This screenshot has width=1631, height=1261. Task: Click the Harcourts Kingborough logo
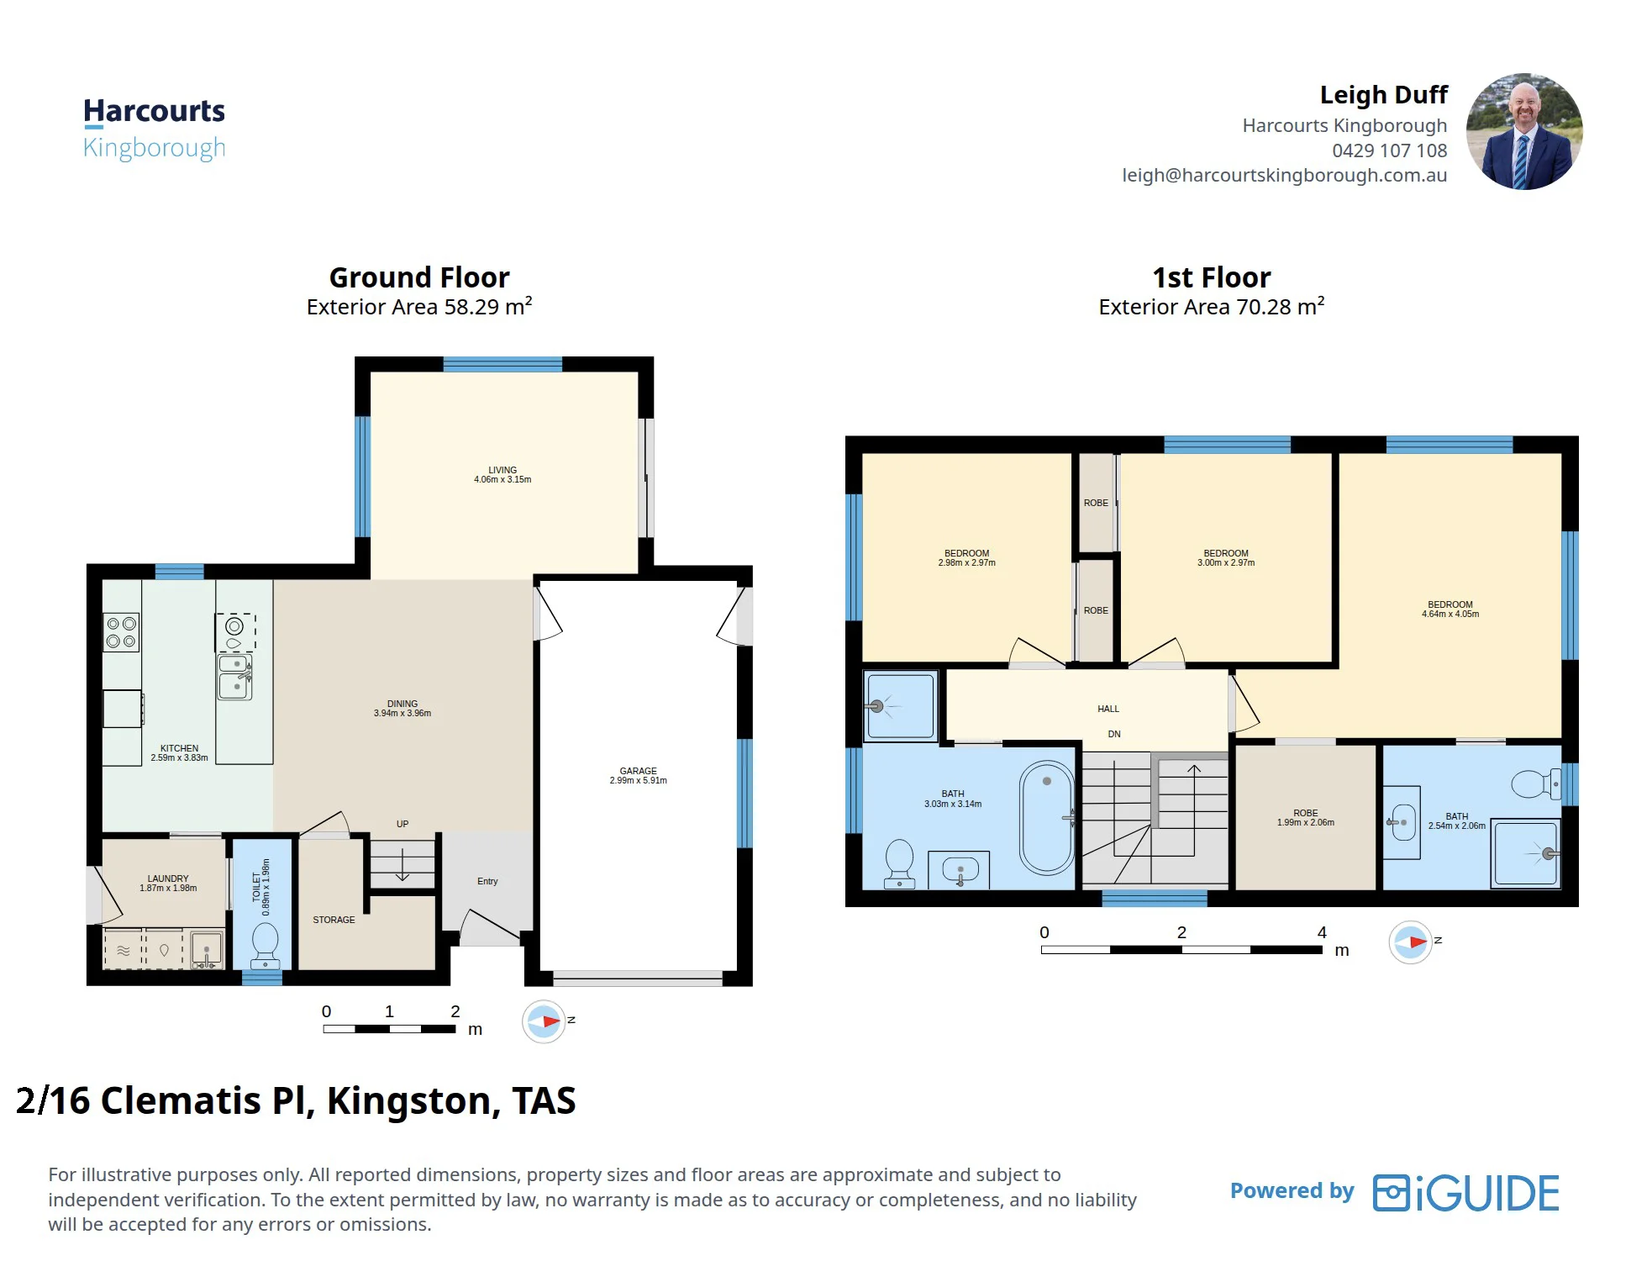point(154,129)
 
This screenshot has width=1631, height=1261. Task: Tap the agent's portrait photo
point(1523,131)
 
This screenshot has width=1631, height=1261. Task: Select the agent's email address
point(1284,175)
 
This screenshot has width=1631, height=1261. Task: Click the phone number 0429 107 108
point(1389,150)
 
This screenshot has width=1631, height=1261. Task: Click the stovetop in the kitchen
point(121,632)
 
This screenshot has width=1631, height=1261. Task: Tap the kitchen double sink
point(235,677)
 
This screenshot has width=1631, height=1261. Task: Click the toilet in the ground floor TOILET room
point(266,946)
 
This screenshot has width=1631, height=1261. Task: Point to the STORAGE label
point(334,920)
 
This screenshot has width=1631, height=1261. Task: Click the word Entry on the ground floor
point(487,881)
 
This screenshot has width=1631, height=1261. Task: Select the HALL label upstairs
point(1108,709)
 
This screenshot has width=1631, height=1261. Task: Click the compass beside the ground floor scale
point(544,1021)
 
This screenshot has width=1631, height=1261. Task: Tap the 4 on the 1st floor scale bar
point(1322,932)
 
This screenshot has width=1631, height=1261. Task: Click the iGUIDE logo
point(1466,1193)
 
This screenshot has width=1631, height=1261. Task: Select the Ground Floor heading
point(419,277)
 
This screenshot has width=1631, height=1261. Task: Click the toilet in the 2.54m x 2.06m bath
point(1536,784)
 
